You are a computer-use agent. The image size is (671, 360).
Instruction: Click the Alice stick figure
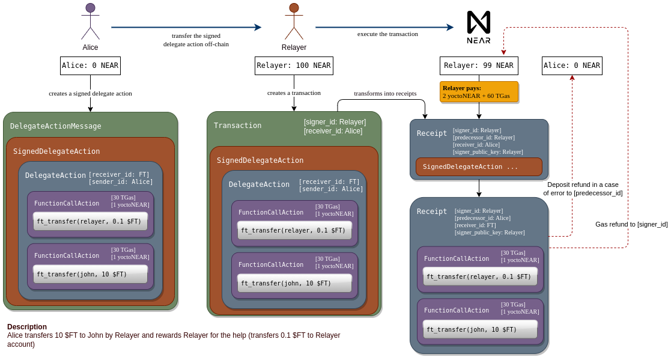tap(90, 22)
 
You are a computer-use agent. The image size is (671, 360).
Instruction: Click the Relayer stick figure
tap(294, 22)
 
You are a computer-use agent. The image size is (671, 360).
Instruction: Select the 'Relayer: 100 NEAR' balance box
tap(294, 66)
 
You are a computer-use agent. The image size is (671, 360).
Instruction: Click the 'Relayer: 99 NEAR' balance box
tap(479, 66)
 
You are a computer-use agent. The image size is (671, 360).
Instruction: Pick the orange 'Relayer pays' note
tap(479, 91)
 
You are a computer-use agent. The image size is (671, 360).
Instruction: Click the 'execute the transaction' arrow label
tap(387, 34)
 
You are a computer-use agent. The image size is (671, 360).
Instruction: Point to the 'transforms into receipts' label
tap(385, 94)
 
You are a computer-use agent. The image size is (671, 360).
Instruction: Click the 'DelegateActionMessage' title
tap(55, 126)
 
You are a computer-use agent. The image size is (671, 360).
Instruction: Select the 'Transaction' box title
tap(237, 126)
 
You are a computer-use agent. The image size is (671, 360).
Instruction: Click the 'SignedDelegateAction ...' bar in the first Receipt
tap(479, 166)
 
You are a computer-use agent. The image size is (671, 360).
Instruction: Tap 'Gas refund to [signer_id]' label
tap(631, 224)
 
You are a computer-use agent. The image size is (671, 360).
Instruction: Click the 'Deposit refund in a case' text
tap(583, 185)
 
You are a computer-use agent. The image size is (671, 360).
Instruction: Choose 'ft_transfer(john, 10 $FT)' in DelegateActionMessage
tap(90, 274)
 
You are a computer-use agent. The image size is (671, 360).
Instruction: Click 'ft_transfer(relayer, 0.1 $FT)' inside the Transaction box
tap(294, 230)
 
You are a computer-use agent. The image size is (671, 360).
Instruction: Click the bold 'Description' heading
tap(27, 327)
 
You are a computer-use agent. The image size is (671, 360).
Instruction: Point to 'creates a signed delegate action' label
tap(90, 94)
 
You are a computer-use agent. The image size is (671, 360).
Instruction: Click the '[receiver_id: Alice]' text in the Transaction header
tap(335, 131)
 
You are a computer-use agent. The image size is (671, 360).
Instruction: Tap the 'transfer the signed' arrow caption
tap(196, 35)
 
